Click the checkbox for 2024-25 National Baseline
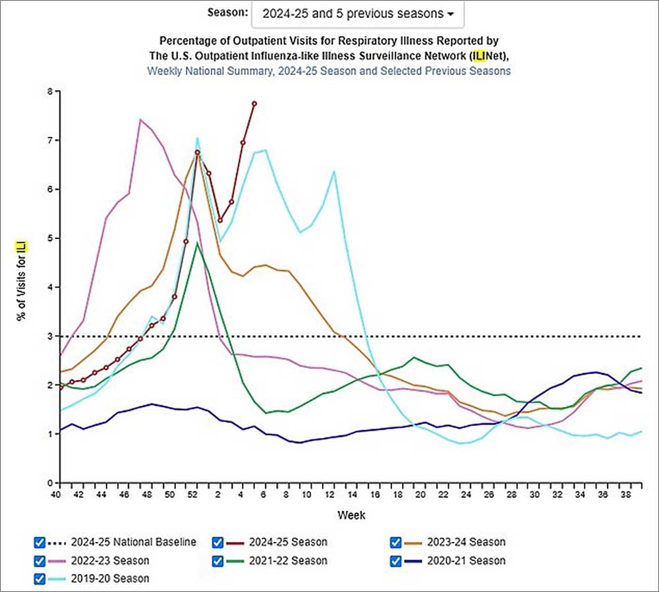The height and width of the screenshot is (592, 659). [x=40, y=542]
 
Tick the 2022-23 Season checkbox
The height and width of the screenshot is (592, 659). [x=40, y=560]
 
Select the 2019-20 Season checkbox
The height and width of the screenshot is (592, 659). [x=40, y=579]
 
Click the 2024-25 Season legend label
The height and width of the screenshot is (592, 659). [x=287, y=542]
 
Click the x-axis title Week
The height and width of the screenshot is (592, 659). [x=351, y=514]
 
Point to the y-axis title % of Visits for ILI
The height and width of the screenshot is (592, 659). [x=22, y=280]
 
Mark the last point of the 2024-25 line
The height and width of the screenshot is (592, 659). [x=254, y=103]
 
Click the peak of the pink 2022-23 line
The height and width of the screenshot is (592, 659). [x=140, y=120]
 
